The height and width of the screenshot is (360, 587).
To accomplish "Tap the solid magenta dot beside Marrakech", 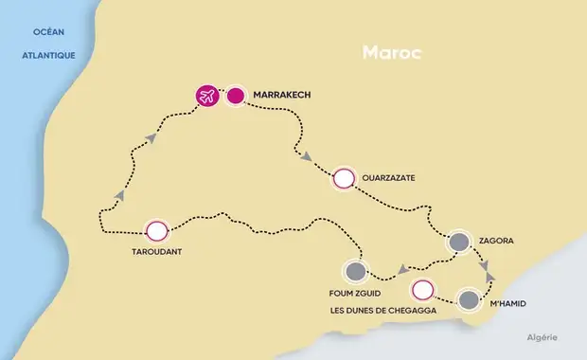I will tap(235, 96).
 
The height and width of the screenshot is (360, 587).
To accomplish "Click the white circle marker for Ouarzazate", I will tap(343, 178).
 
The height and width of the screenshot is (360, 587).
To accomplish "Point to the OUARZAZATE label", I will tap(387, 177).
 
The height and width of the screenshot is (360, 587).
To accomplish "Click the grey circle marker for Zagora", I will tap(459, 242).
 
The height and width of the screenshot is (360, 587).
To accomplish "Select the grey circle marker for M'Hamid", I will tap(469, 301).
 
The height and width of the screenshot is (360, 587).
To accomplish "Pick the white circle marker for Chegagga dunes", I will tap(422, 290).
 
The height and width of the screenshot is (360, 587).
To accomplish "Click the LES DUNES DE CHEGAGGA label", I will tap(377, 310).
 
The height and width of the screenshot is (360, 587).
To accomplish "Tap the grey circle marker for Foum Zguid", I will tap(356, 272).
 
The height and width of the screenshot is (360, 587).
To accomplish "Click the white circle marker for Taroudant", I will tap(156, 230).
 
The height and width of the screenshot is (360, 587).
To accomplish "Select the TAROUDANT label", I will tap(156, 252).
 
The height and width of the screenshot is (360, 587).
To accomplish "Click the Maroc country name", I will tap(390, 53).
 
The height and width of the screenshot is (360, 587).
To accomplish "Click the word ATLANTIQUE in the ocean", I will tap(48, 56).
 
